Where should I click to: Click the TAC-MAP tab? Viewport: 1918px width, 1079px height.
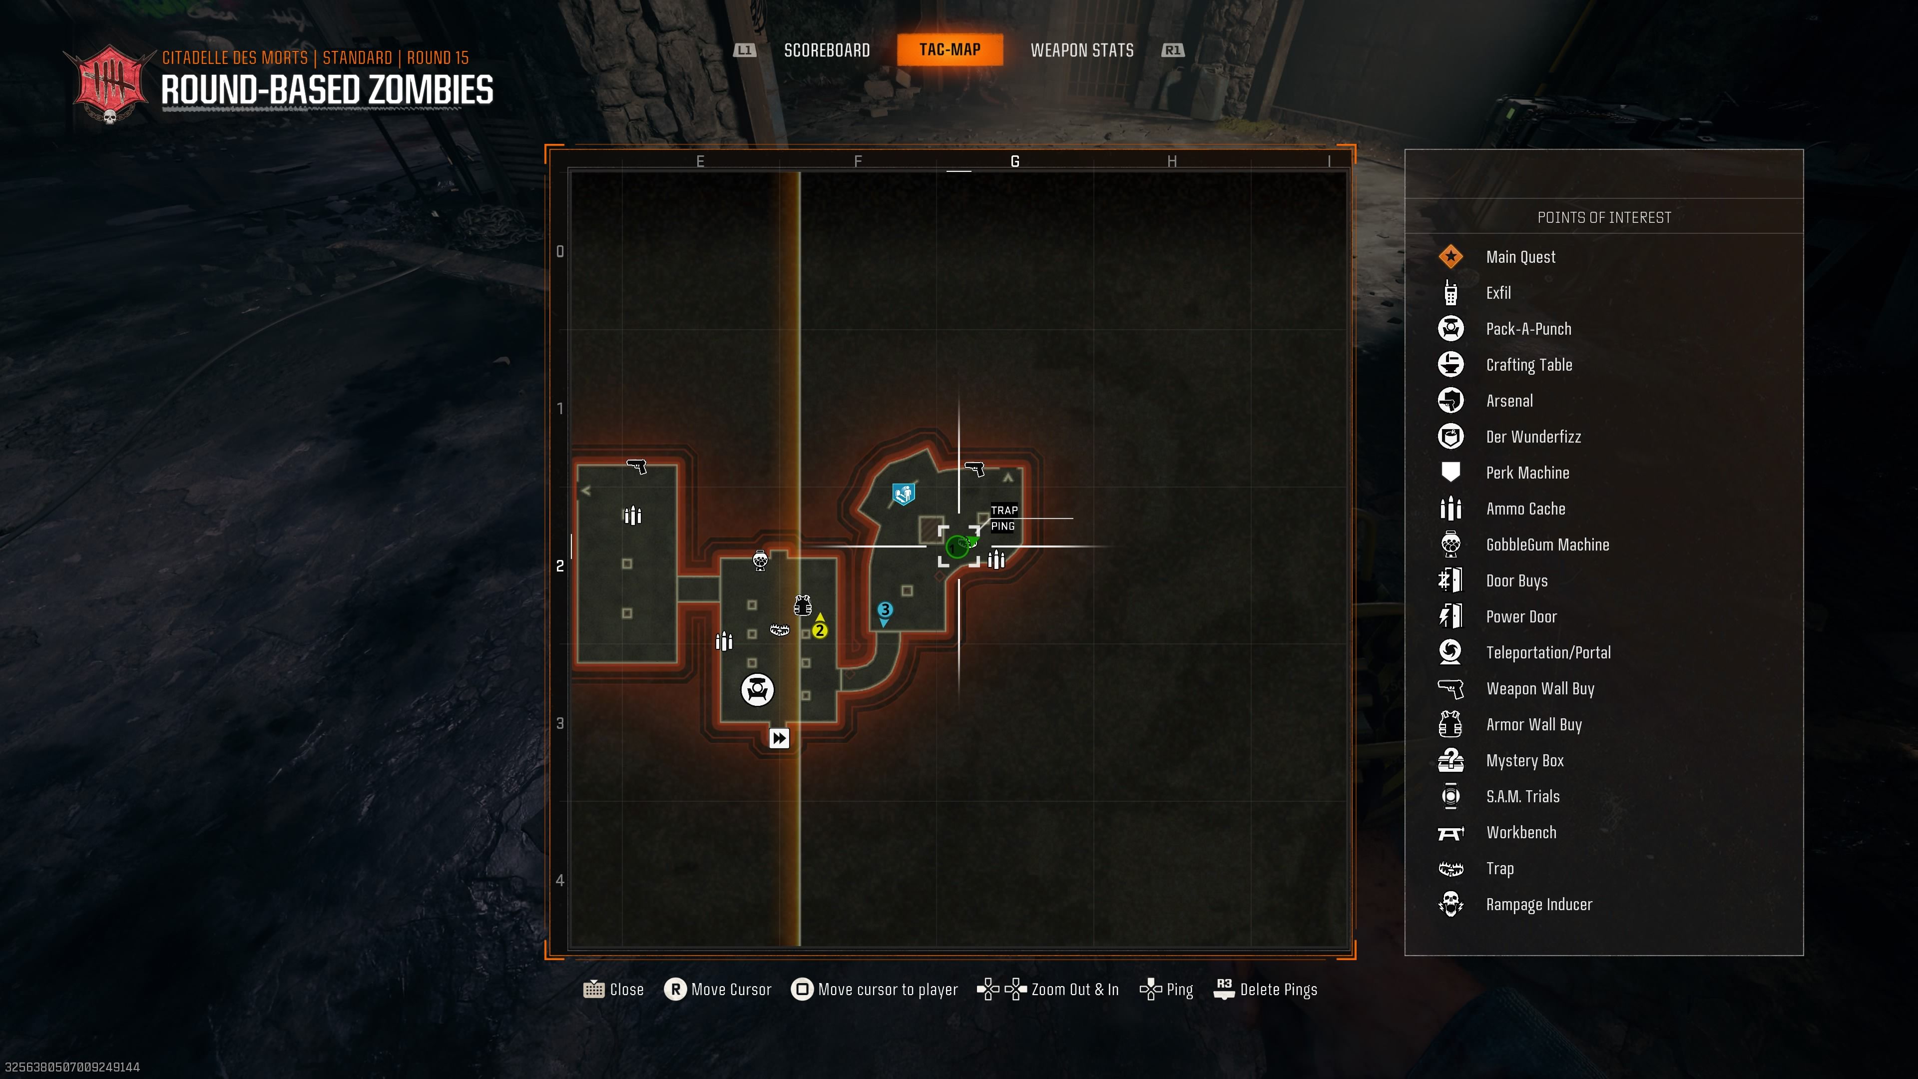(x=950, y=50)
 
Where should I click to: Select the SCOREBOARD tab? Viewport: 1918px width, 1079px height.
(x=827, y=50)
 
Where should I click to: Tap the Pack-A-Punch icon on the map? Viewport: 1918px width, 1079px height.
(x=757, y=689)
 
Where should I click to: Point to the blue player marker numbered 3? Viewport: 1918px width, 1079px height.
(x=885, y=610)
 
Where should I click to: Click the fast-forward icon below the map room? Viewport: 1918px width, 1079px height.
(x=779, y=738)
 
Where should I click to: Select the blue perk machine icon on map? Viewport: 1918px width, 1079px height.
(x=903, y=494)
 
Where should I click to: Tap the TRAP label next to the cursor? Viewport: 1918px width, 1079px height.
(x=1003, y=510)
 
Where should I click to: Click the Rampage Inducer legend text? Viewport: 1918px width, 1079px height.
(x=1538, y=904)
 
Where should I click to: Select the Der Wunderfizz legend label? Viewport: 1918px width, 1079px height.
(x=1533, y=437)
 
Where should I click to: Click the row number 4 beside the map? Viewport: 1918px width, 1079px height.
(x=560, y=880)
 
